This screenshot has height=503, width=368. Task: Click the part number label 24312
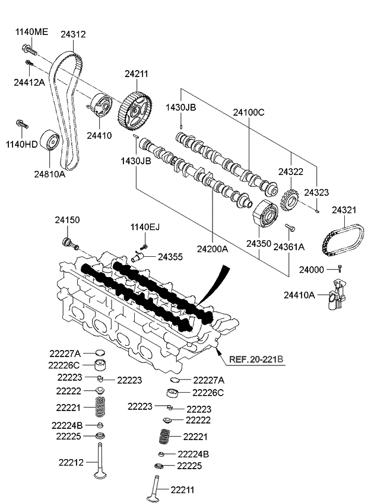coord(73,34)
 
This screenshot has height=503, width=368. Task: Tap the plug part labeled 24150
coord(68,243)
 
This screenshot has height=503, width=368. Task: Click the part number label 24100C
coord(249,111)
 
